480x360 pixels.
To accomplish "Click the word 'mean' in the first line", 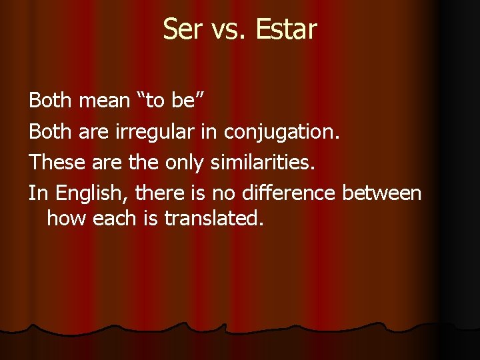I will (104, 101).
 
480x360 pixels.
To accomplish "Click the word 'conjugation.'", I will (282, 132).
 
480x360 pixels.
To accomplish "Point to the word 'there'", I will (159, 193).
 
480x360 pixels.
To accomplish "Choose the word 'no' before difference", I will (221, 193).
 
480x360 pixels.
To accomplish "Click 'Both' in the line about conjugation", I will (51, 132).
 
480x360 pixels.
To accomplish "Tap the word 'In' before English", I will (39, 193).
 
